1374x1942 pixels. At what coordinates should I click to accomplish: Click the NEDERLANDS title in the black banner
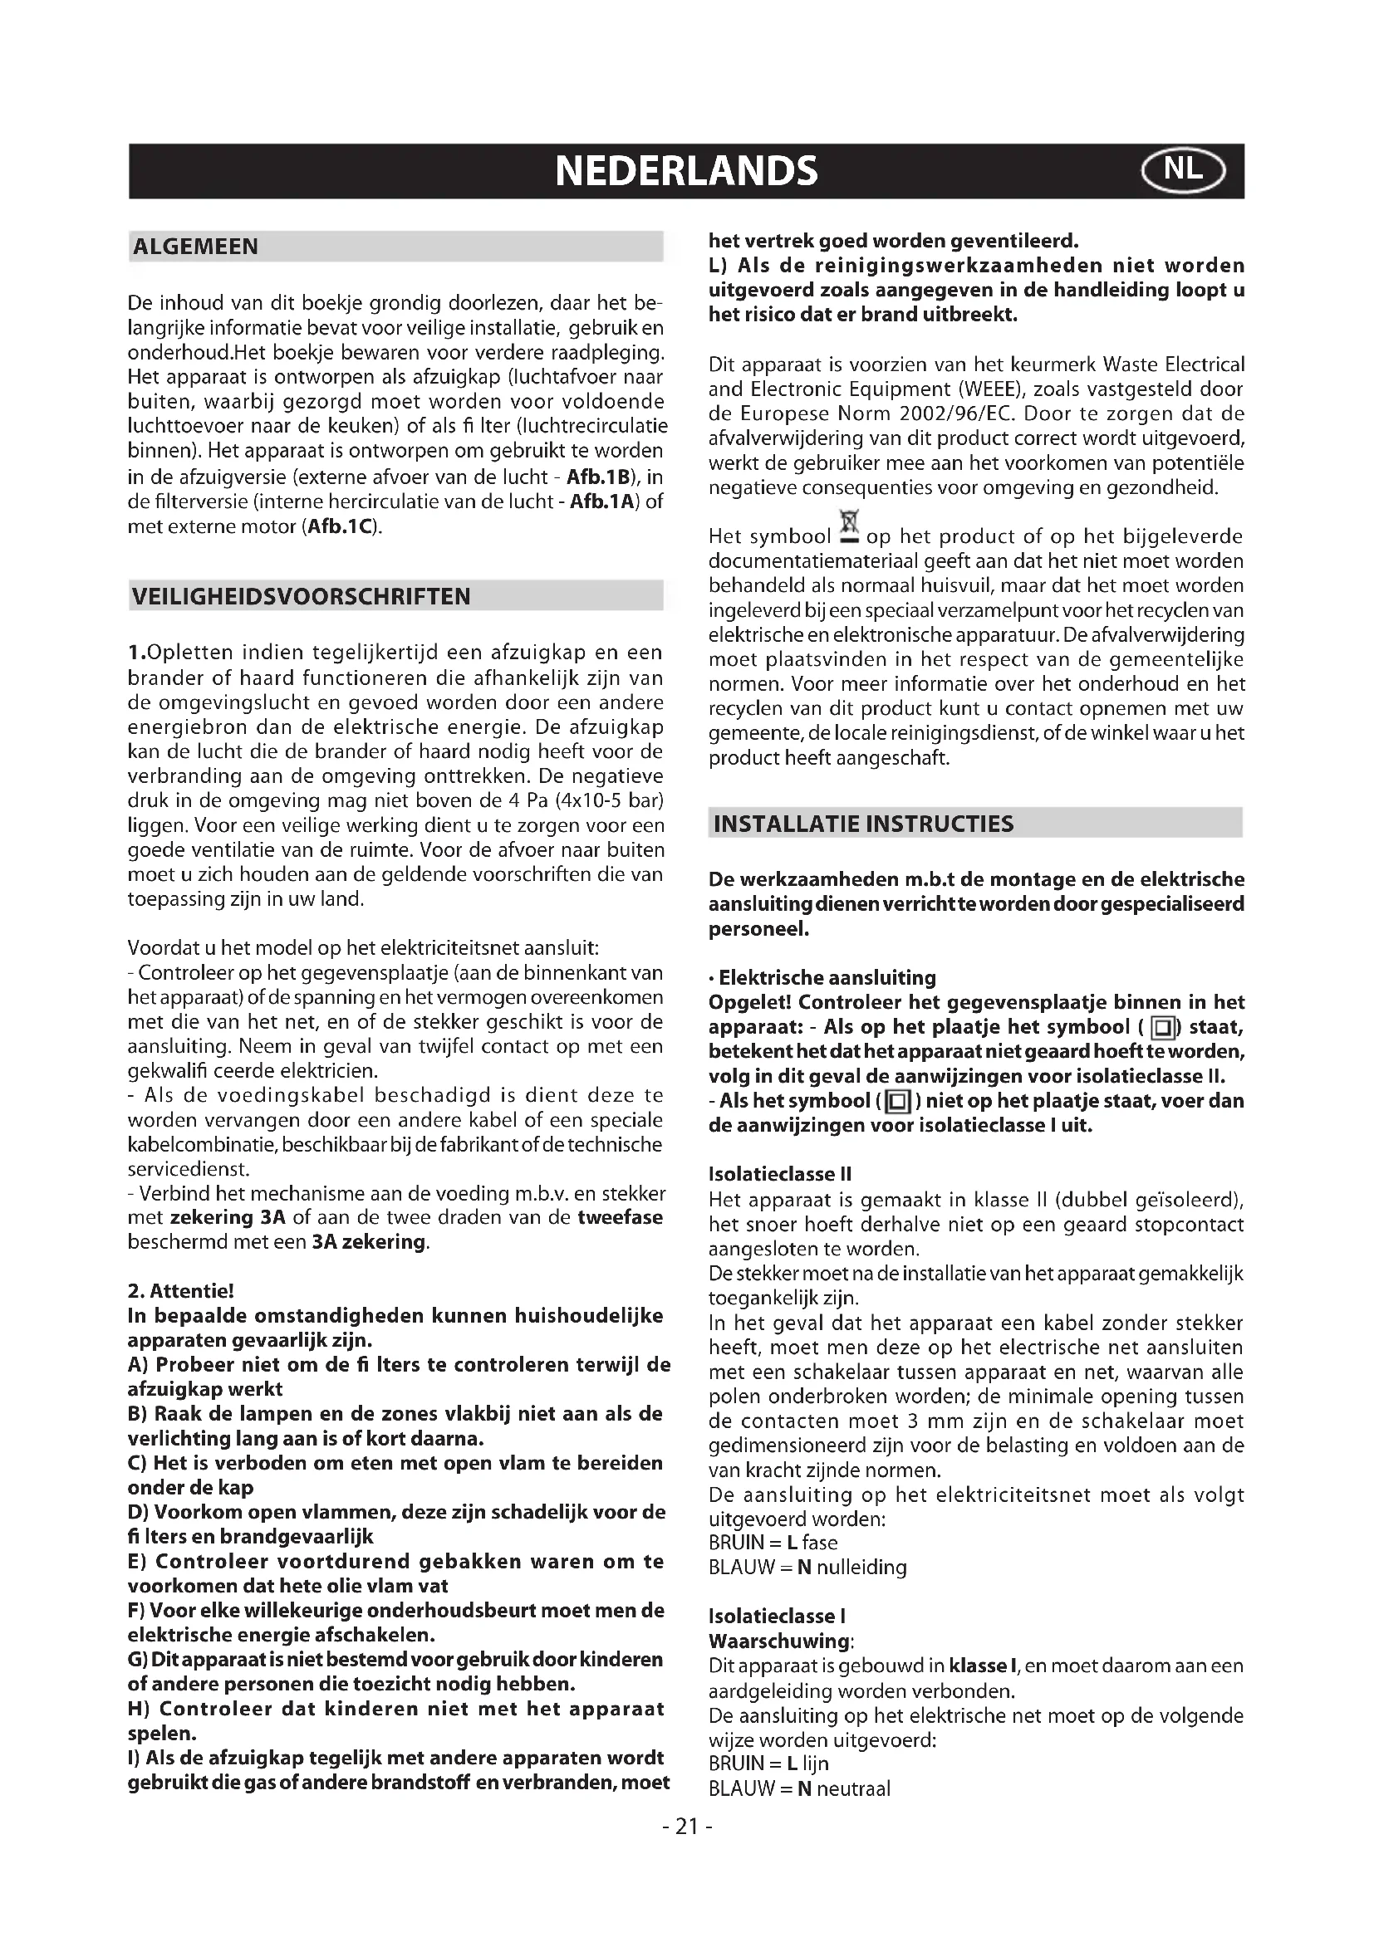click(x=686, y=171)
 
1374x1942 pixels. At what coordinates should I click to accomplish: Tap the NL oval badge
click(x=1182, y=171)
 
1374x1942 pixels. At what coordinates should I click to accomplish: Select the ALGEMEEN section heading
click(x=195, y=247)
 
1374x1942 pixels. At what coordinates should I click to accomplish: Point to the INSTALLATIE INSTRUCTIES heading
click(x=863, y=824)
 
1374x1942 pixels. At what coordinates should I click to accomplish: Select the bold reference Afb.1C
click(x=338, y=527)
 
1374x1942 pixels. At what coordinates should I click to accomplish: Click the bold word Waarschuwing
click(x=779, y=1641)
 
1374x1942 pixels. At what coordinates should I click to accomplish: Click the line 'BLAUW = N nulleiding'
click(x=807, y=1568)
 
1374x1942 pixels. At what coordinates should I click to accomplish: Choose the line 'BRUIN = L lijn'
click(x=768, y=1763)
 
